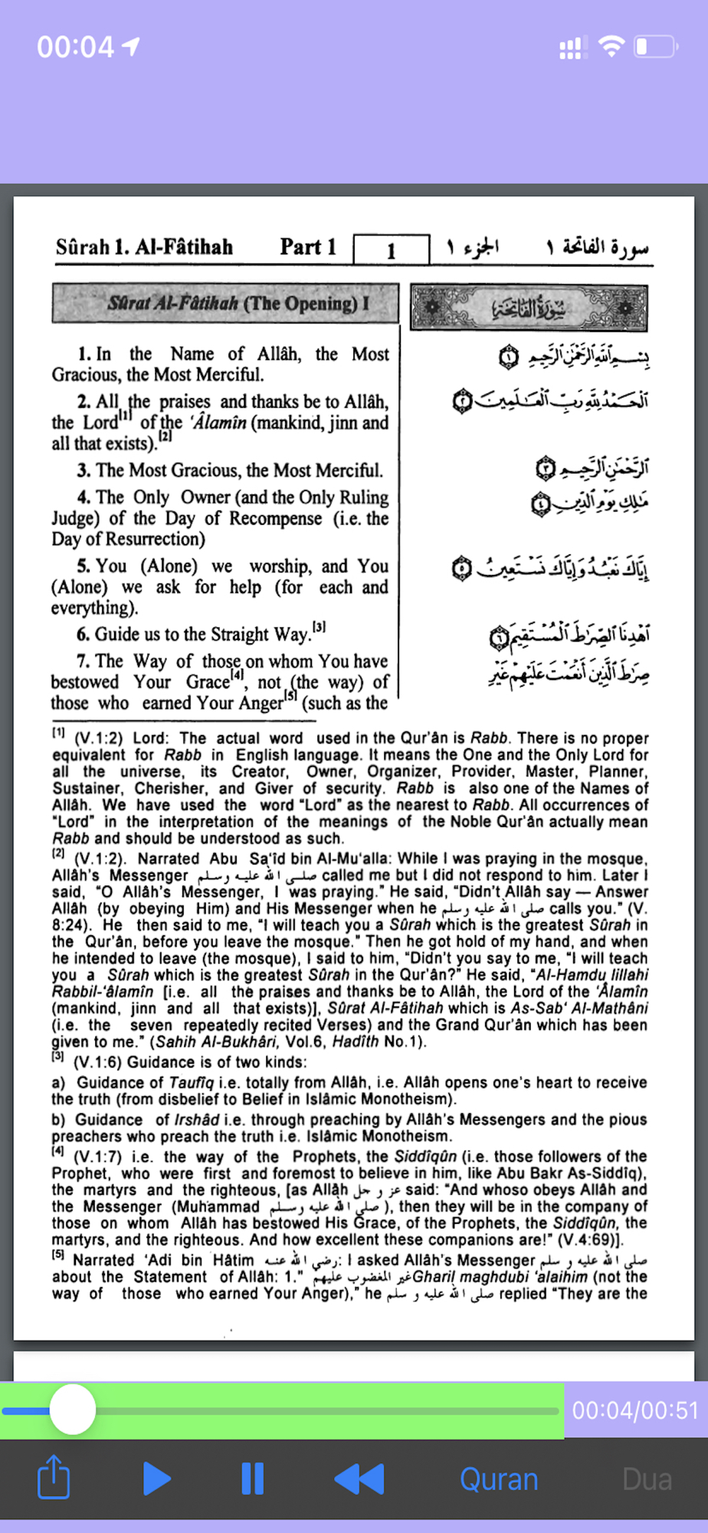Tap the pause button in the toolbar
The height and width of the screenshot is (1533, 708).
252,1479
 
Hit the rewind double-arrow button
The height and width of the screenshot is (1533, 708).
359,1479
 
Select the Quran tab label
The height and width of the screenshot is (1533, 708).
499,1479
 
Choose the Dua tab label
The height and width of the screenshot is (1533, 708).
647,1479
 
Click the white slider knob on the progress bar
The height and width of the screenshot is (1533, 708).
73,1410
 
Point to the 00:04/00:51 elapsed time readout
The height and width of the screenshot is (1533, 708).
635,1410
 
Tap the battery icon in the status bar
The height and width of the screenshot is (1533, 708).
656,48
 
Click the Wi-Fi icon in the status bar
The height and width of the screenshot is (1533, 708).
611,47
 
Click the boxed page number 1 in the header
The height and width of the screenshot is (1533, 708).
391,250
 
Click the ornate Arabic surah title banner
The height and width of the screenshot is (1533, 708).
529,308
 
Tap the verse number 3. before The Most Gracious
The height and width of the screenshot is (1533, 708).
84,471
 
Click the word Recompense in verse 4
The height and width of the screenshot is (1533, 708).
275,519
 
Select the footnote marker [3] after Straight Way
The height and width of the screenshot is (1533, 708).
319,628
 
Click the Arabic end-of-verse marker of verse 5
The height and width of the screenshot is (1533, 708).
462,569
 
